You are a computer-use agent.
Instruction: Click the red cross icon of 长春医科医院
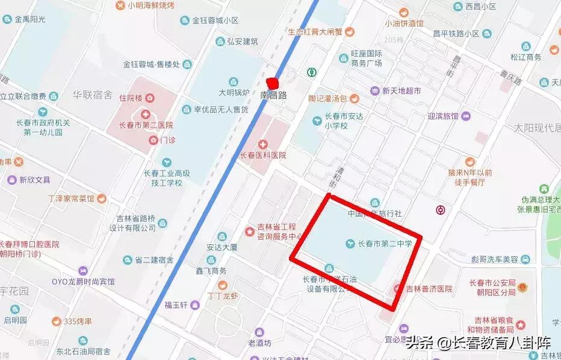tap(262, 144)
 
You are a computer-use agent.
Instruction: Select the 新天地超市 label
tap(400, 92)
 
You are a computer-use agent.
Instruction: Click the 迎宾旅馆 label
tap(442, 116)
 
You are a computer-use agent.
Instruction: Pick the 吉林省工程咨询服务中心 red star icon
tap(249, 232)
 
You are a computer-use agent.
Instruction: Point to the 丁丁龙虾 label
tap(223, 296)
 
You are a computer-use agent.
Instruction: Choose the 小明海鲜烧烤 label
tap(150, 5)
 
